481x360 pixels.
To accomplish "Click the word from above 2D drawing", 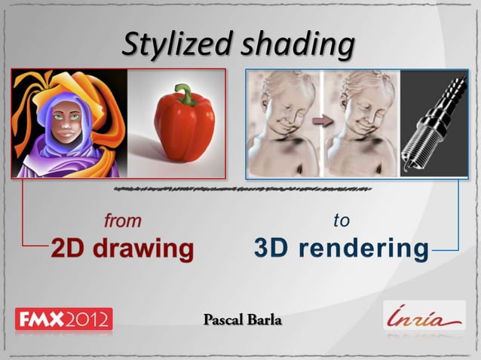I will pos(122,221).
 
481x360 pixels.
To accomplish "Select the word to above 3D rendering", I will pos(341,221).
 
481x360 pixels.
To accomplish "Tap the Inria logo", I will pos(424,316).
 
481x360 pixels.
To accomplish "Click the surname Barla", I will pos(265,322).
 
